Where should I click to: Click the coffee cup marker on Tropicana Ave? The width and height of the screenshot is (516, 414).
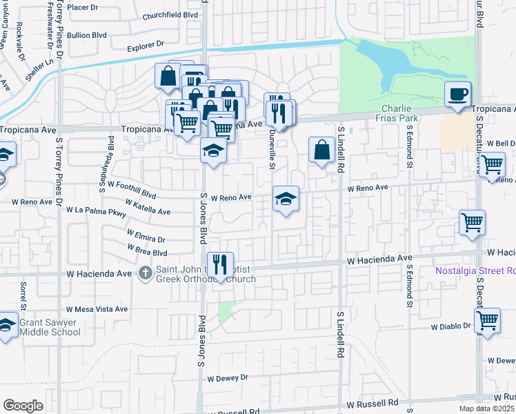[x=457, y=95]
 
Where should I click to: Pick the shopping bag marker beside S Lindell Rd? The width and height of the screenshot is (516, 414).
[x=322, y=149]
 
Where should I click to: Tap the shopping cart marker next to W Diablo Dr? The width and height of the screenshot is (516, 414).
[x=488, y=320]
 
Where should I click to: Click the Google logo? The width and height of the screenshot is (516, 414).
[x=22, y=406]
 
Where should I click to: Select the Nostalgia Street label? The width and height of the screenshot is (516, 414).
[x=475, y=270]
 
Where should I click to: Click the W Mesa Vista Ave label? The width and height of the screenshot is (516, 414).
[x=97, y=309]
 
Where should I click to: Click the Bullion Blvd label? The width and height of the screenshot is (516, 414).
[x=87, y=34]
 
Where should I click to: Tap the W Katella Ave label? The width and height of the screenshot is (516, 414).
[x=148, y=207]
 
